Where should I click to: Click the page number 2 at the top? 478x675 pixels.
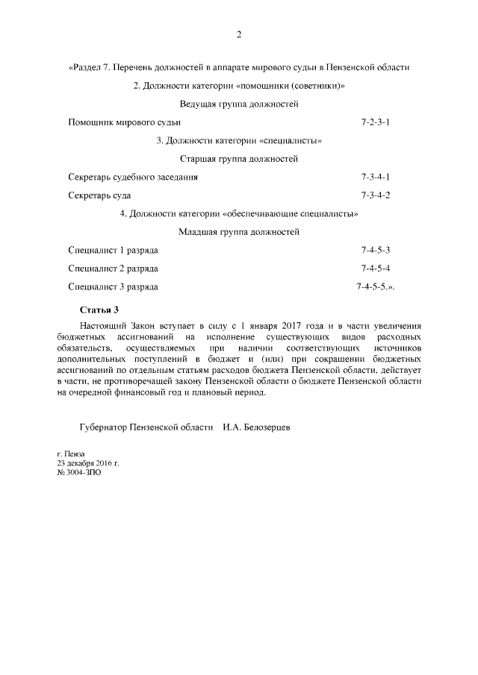click(x=239, y=34)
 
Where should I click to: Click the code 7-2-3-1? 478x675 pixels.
click(x=376, y=122)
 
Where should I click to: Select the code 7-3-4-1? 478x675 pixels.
click(x=376, y=177)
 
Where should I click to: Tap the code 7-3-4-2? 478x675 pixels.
click(x=376, y=195)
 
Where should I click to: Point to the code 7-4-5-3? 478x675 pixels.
click(x=376, y=250)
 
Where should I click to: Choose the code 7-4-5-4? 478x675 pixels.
click(x=376, y=269)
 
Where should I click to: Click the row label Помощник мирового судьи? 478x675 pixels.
click(x=124, y=122)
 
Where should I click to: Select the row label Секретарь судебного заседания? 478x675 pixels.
click(x=132, y=177)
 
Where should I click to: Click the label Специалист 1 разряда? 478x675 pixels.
click(x=113, y=250)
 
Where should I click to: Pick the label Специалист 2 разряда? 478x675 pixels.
click(x=113, y=269)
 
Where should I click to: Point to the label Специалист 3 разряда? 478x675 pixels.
click(x=113, y=286)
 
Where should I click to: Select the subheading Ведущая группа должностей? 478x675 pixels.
click(x=239, y=104)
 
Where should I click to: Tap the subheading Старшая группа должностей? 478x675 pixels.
click(x=239, y=159)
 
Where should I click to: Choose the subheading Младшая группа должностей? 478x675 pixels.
click(x=239, y=232)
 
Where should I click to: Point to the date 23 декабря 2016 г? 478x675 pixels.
click(x=88, y=463)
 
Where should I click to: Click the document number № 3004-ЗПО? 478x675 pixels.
click(x=79, y=472)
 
